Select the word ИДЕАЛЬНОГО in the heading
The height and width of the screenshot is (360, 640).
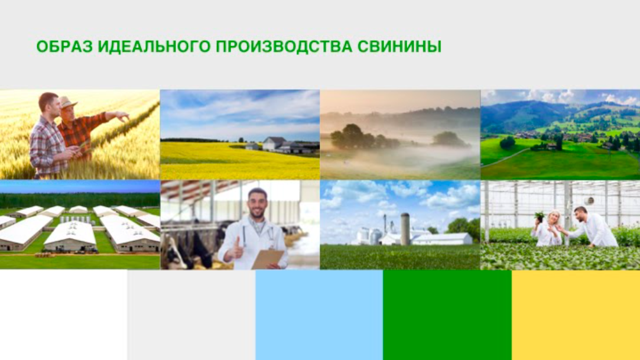(x=154, y=47)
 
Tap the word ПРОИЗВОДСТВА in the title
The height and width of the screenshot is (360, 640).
(x=284, y=47)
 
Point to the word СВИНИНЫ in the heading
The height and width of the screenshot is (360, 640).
(x=399, y=47)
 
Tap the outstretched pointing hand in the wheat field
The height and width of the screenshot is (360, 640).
(x=122, y=116)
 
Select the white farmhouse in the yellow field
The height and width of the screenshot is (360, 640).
(x=274, y=144)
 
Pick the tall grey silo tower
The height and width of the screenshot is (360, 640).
(x=405, y=229)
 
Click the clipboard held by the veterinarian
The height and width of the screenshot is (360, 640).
(x=267, y=259)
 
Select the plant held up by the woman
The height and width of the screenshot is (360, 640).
(x=540, y=216)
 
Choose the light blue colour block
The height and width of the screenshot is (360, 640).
(x=319, y=314)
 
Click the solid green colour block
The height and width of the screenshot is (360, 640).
(x=447, y=314)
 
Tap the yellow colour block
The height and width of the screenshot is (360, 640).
(x=576, y=314)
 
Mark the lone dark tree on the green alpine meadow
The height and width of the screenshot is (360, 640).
(x=508, y=142)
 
